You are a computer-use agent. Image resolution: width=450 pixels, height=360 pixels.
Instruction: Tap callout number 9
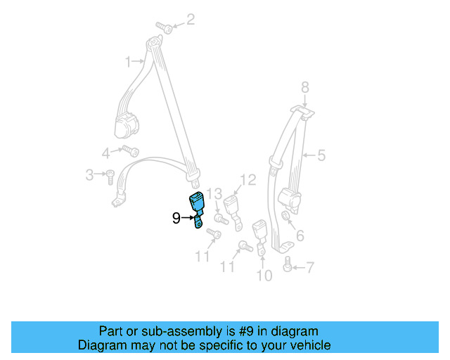click(x=176, y=219)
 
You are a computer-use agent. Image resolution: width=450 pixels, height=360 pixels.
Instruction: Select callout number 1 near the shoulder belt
click(x=129, y=62)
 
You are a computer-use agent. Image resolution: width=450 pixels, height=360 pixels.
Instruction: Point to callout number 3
click(x=90, y=174)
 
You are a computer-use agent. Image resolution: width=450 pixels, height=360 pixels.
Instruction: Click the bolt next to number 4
click(x=130, y=150)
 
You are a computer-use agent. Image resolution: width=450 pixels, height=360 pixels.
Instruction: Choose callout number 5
click(x=321, y=155)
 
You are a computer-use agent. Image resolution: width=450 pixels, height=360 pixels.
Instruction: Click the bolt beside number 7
click(x=287, y=266)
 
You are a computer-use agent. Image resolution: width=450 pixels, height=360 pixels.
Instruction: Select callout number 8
click(x=304, y=87)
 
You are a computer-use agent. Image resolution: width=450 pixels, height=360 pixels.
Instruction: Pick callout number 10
click(x=264, y=276)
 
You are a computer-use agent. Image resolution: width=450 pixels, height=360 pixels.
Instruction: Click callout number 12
click(x=247, y=181)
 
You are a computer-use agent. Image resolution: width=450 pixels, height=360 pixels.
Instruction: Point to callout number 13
click(x=214, y=194)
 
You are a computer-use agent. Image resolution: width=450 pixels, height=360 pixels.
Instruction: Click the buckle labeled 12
click(x=233, y=207)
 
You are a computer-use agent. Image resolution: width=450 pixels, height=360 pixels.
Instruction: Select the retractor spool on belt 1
click(x=127, y=127)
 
